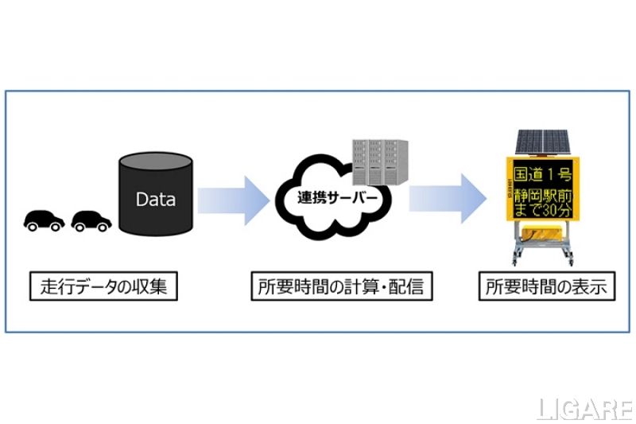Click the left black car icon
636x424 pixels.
click(x=44, y=220)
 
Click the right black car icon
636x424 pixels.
click(x=91, y=220)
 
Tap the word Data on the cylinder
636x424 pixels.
click(x=155, y=199)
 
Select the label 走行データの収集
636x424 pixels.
click(x=103, y=287)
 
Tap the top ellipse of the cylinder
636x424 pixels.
click(x=155, y=161)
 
